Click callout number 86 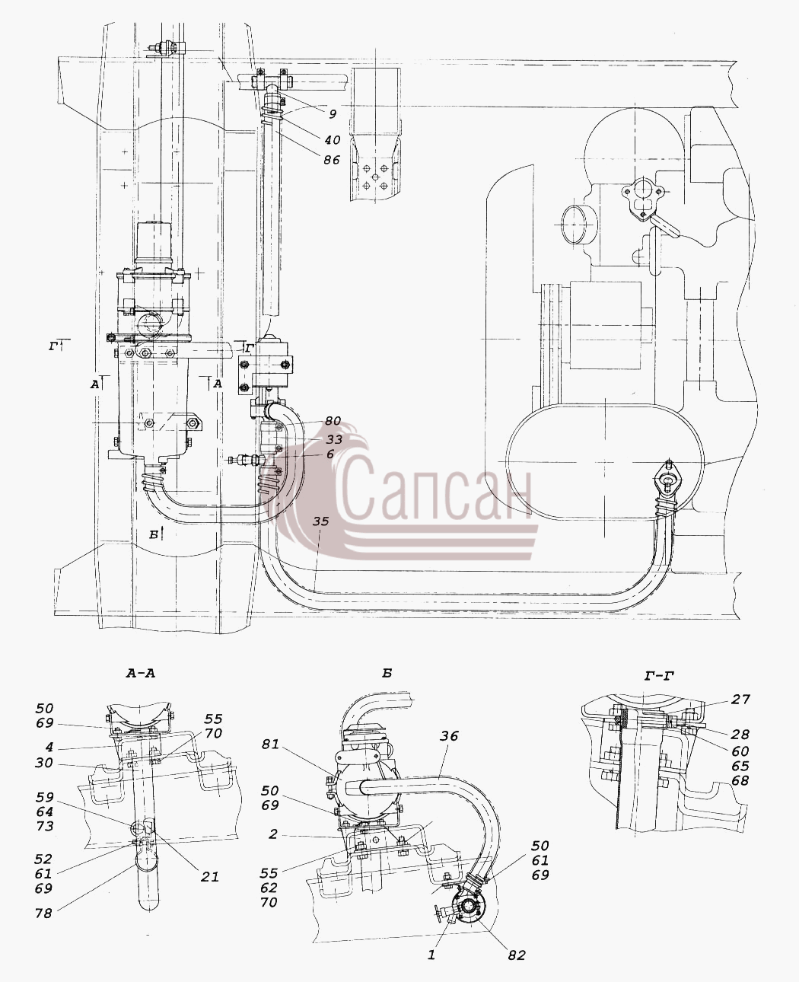[x=332, y=160]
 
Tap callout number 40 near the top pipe [x=333, y=140]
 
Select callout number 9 [x=333, y=114]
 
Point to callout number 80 [x=333, y=420]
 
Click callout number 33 [x=333, y=439]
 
